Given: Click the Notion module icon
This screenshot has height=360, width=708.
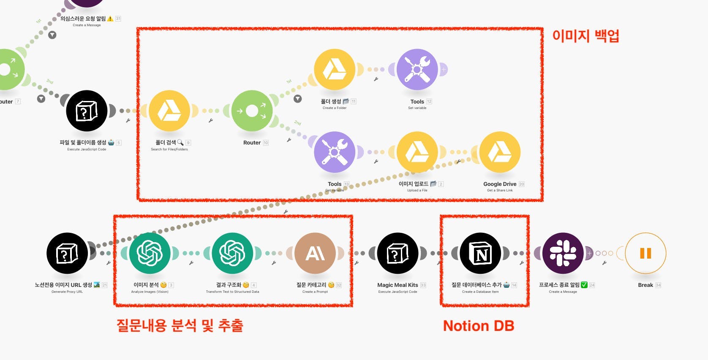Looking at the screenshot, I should pos(480,254).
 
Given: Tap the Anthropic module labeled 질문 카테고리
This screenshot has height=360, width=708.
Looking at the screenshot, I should pos(315,254).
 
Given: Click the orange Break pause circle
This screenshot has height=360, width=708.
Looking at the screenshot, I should pos(645,254).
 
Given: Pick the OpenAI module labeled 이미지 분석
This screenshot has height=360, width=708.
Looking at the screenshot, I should pos(150,254).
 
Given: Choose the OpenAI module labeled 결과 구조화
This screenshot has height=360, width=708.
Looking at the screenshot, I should pos(232,254).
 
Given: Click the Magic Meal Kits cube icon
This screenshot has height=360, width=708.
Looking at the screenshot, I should pos(398,254).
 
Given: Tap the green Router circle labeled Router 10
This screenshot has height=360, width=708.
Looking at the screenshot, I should pos(252,111).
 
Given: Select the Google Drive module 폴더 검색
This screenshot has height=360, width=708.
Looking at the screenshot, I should pos(169,111).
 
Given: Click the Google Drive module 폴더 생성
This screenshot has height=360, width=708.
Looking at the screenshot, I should pos(335,70).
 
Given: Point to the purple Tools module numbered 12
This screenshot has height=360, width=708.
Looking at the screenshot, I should pos(417,70).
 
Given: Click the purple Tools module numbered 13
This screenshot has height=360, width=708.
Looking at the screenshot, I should pos(335,152).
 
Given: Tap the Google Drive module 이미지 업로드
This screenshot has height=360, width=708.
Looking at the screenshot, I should pos(417,152).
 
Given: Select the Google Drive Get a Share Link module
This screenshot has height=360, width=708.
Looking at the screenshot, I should pos(500,152).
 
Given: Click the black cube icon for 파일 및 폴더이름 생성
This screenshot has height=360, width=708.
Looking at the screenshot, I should pos(87,111).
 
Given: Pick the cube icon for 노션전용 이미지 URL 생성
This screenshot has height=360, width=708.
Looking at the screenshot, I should pos(67,254).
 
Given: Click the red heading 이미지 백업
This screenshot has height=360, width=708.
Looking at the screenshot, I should pos(585,35).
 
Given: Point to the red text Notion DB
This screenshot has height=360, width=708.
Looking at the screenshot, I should pos(478,326).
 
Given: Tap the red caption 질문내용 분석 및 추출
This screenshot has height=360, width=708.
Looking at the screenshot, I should pos(180,325).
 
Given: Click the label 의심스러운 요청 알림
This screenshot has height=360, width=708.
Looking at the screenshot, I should pos(83,19).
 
